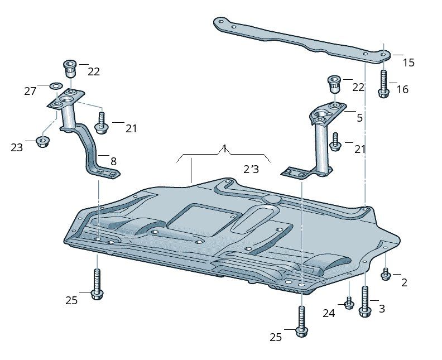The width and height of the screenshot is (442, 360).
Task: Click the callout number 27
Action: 30,92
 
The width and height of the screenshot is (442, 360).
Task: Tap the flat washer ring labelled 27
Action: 56,85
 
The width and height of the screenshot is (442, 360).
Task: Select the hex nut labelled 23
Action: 42,141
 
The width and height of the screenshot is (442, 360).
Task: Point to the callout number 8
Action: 113,161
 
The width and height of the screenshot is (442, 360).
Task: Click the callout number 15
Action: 409,63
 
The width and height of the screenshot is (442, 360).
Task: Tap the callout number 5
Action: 359,118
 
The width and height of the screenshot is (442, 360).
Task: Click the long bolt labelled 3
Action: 365,302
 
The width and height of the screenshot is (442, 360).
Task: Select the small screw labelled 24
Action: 349,303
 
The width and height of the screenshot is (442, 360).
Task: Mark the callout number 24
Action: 329,313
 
